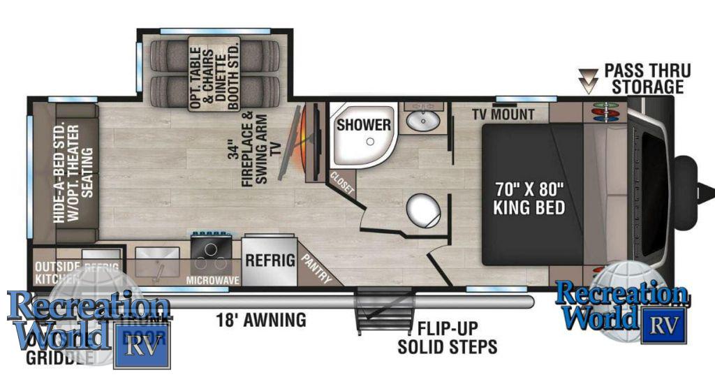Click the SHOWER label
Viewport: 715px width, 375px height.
tap(363, 125)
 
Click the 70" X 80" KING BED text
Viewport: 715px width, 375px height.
tap(529, 198)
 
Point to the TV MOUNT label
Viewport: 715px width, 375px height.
tap(503, 115)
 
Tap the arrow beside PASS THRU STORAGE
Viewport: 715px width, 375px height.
tap(591, 80)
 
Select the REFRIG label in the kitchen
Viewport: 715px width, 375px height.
tap(270, 261)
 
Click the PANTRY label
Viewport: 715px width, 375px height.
tap(316, 267)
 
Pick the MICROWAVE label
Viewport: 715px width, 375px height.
tap(213, 280)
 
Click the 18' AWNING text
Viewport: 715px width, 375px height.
tap(260, 321)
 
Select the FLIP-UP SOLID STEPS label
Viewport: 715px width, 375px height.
tap(448, 337)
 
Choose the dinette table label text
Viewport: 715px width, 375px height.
tap(214, 73)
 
